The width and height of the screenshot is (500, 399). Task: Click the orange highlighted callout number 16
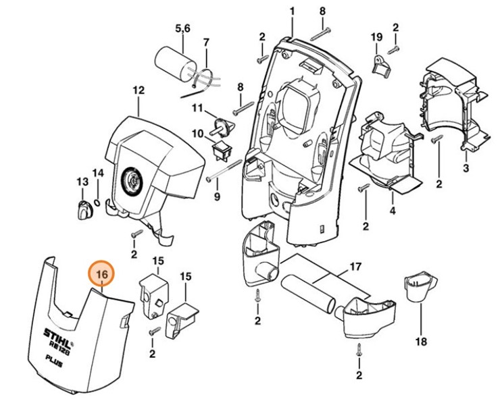tap(103, 275)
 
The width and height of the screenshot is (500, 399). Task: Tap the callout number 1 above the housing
tap(293, 11)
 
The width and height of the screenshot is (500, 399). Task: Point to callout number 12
tap(139, 90)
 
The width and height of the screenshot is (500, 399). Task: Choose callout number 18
tap(421, 342)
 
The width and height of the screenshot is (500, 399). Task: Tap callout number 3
tap(466, 167)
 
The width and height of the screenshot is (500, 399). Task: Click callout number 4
tap(392, 211)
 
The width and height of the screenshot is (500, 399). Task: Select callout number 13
tap(82, 182)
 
